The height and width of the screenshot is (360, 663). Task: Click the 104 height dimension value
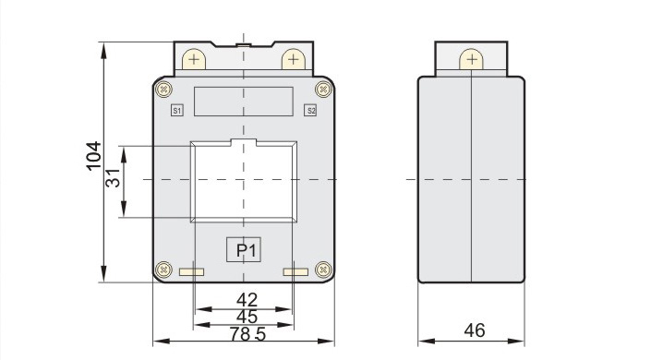click(x=94, y=156)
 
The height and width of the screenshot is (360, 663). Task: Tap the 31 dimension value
click(x=113, y=178)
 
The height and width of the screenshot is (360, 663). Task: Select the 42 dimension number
click(x=247, y=300)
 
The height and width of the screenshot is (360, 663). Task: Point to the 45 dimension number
click(x=247, y=317)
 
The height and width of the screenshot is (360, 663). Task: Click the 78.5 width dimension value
click(x=247, y=334)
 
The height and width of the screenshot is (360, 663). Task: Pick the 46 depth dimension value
click(x=475, y=330)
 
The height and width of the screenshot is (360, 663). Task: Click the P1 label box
click(x=244, y=250)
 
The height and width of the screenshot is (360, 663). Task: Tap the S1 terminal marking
click(x=177, y=111)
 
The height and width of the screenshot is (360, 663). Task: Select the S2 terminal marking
click(x=311, y=111)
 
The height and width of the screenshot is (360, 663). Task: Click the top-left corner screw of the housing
click(x=163, y=90)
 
